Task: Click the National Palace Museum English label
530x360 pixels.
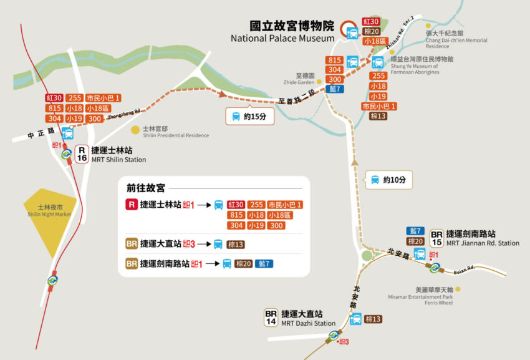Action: click(282, 39)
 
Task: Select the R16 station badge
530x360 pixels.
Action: click(81, 153)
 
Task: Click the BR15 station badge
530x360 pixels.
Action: click(436, 238)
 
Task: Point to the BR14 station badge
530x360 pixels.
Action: click(271, 318)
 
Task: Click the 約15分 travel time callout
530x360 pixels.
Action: click(249, 116)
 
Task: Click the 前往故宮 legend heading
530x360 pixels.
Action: click(145, 187)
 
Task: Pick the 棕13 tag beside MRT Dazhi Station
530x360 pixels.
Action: click(373, 319)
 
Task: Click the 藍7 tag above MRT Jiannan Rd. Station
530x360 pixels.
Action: click(417, 231)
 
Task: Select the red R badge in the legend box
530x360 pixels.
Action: click(131, 205)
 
